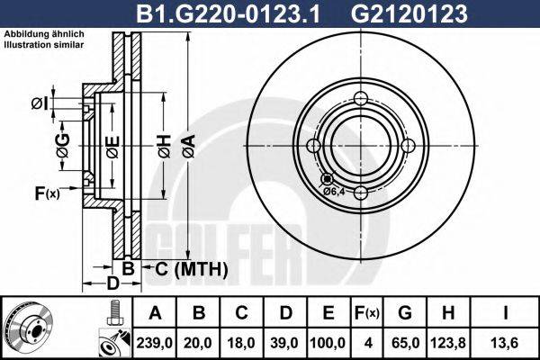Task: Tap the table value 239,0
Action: click(155, 342)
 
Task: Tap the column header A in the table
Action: click(155, 313)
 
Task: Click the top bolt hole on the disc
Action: click(360, 100)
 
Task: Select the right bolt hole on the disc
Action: click(407, 147)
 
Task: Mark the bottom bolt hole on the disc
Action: click(360, 193)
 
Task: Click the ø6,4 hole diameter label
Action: click(334, 190)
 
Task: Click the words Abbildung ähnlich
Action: click(44, 34)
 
